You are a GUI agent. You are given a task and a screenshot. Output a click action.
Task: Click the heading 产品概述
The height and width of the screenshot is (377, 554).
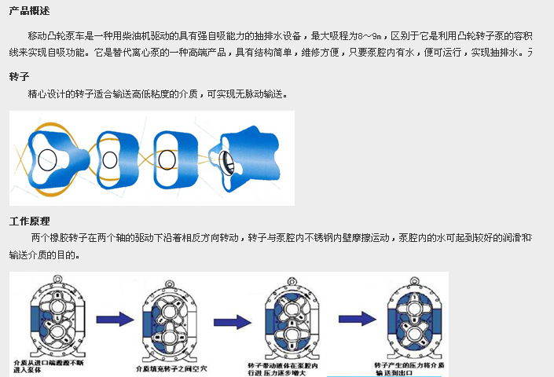coord(29,10)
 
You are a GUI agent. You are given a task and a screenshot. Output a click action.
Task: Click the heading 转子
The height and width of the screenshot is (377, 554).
coord(20,77)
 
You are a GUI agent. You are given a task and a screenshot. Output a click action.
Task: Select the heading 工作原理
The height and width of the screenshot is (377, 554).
coord(29,221)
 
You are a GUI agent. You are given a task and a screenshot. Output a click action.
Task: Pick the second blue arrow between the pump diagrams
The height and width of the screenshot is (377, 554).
coord(233,322)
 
